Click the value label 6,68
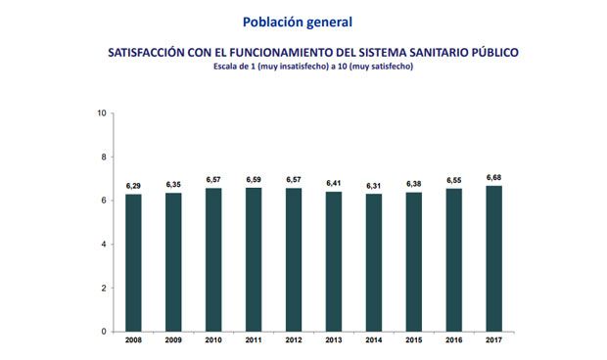tap(494, 177)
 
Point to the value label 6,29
tap(134, 186)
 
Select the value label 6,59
tap(254, 179)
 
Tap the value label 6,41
tap(334, 183)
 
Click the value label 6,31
tap(374, 186)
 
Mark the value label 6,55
tap(454, 180)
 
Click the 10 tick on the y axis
tap(102, 113)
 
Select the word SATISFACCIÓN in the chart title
tap(148, 52)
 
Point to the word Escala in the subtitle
tap(228, 67)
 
